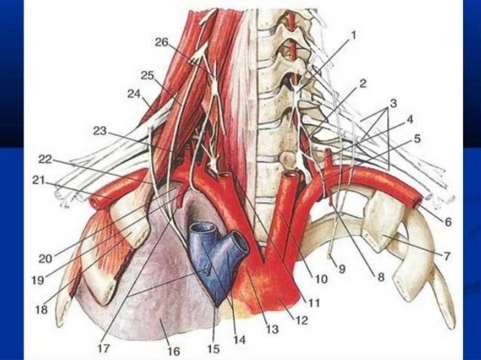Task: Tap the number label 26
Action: coord(161,42)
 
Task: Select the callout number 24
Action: coord(134,94)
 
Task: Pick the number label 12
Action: coord(301,321)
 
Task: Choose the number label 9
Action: coord(341,269)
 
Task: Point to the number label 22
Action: coord(45,160)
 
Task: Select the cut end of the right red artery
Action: coord(416,203)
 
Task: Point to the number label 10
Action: coord(321,279)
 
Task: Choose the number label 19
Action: coord(37,280)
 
